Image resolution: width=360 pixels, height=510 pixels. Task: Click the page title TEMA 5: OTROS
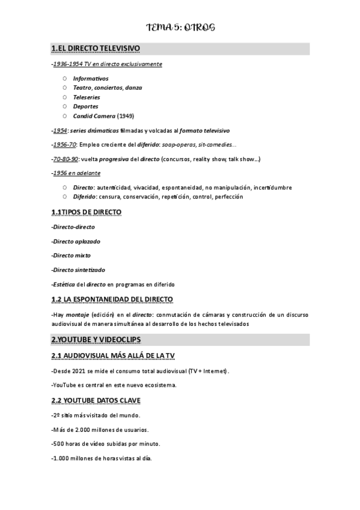point(180,28)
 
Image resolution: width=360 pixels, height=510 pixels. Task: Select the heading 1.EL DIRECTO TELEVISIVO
point(96,49)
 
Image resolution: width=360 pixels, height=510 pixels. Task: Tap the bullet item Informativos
point(91,79)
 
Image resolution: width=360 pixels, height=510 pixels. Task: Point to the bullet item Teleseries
point(87,97)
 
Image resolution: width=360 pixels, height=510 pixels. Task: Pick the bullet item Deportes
point(85,106)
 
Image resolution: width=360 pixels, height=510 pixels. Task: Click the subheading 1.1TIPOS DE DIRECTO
point(87,212)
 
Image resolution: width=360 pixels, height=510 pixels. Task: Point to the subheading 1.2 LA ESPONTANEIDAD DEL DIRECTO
point(112,299)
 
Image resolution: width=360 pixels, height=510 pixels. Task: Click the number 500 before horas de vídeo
point(59,444)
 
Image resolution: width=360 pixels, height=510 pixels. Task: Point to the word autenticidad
point(115,188)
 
